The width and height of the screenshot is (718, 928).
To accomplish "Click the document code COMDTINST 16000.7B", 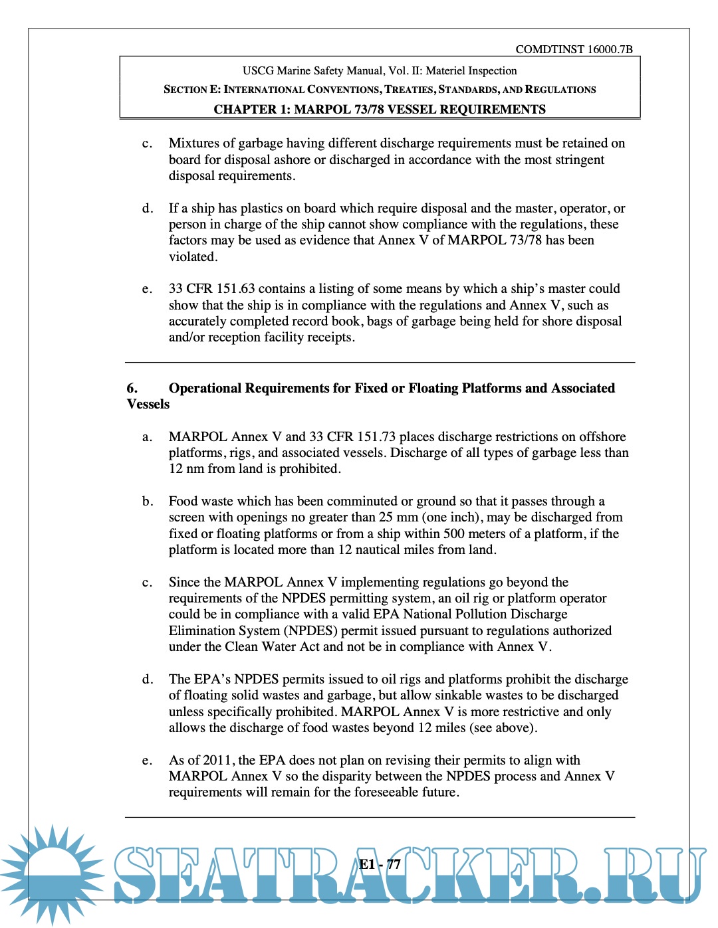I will [574, 49].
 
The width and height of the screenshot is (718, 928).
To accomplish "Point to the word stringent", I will [577, 160].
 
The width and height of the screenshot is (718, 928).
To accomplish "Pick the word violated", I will [193, 257].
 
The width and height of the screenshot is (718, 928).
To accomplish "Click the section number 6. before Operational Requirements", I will [132, 389].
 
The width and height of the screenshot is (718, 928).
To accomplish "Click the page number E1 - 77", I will [380, 864].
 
